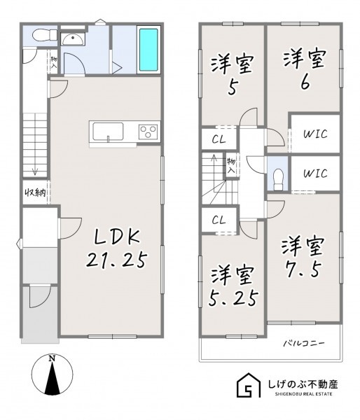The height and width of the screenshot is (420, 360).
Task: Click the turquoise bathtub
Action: (148, 50)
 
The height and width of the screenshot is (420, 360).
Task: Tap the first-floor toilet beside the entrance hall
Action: (45, 35)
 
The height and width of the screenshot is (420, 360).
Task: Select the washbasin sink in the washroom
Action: (72, 39)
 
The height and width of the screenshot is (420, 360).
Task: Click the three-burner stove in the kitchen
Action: (148, 132)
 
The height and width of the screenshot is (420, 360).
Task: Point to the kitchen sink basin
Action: (108, 132)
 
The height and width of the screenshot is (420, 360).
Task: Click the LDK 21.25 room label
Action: (117, 249)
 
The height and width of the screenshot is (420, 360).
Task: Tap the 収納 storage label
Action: (36, 192)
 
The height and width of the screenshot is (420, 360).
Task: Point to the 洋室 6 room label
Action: (305, 69)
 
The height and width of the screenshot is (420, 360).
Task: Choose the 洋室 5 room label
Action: (232, 75)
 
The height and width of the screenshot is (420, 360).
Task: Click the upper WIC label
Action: (315, 134)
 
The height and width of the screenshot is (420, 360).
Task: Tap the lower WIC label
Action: (315, 174)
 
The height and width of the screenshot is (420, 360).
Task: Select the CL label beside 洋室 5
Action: (219, 139)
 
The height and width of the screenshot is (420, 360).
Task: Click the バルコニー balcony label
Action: (304, 343)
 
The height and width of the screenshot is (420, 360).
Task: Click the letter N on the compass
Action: (52, 358)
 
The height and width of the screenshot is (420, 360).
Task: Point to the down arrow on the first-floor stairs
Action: (35, 171)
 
